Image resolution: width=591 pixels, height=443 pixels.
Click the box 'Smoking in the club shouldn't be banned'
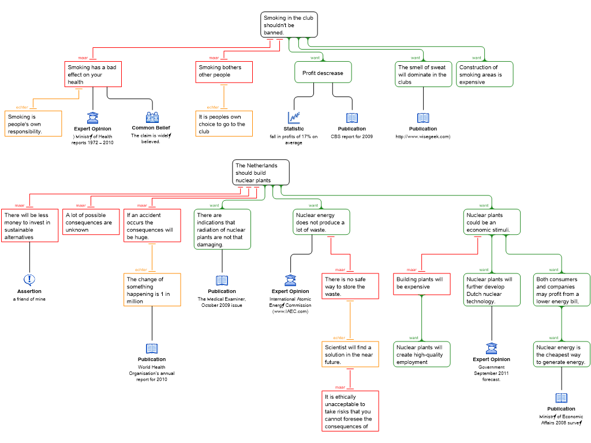[x=289, y=25]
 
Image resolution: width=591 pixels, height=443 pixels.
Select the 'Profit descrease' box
[x=323, y=73]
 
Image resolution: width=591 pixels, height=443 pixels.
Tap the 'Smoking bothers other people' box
[x=224, y=72]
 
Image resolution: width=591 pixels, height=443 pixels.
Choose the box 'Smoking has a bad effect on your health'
[x=93, y=74]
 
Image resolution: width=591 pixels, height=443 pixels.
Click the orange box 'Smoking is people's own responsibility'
[x=33, y=123]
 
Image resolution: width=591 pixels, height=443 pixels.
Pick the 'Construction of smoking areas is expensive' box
[x=484, y=74]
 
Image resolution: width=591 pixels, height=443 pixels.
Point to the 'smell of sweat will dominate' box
[x=423, y=74]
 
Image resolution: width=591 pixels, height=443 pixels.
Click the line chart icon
[x=294, y=118]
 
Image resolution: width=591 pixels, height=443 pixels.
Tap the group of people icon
[x=152, y=118]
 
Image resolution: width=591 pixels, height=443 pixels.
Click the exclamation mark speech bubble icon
[x=29, y=280]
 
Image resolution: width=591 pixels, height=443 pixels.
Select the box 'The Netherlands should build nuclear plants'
[x=261, y=172]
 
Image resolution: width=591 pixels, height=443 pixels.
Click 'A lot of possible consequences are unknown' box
[x=91, y=222]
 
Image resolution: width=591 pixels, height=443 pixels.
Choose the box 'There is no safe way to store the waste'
[x=350, y=286]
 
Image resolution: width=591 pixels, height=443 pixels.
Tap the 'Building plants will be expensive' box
[x=422, y=283]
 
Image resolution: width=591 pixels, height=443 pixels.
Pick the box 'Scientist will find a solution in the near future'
[x=350, y=354]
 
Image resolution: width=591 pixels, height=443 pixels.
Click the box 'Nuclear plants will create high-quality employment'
[x=422, y=354]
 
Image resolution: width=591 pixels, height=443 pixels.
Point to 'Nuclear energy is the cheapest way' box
[x=562, y=354]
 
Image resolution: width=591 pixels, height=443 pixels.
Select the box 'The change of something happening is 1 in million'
[x=152, y=290]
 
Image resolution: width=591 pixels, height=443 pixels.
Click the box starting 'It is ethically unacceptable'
[x=350, y=411]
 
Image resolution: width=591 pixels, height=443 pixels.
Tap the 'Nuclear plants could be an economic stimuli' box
[x=492, y=222]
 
